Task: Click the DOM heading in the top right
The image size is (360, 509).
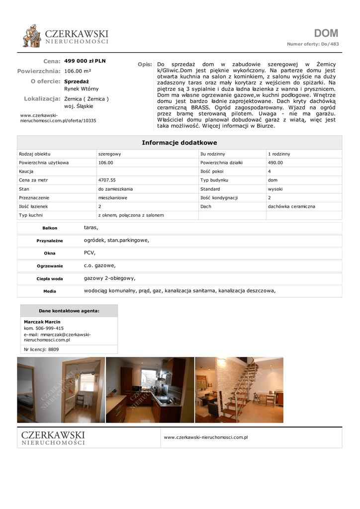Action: point(326,33)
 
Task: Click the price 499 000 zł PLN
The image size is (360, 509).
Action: point(85,61)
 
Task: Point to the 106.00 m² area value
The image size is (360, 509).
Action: point(78,71)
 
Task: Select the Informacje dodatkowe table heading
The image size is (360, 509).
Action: point(180,143)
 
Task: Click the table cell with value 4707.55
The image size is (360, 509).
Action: point(107,180)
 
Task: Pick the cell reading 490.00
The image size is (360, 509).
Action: point(275,163)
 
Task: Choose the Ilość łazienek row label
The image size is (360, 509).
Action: point(34,206)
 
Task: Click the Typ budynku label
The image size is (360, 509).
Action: point(214,180)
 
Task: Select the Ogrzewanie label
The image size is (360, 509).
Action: point(50,266)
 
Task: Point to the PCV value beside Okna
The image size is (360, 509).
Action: point(90,253)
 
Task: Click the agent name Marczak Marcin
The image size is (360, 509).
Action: point(42,322)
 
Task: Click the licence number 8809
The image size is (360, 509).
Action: point(53,349)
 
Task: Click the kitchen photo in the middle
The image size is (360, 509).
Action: point(150,390)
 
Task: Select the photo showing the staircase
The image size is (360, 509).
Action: point(239,390)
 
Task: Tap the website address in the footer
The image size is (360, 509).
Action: point(206,437)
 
